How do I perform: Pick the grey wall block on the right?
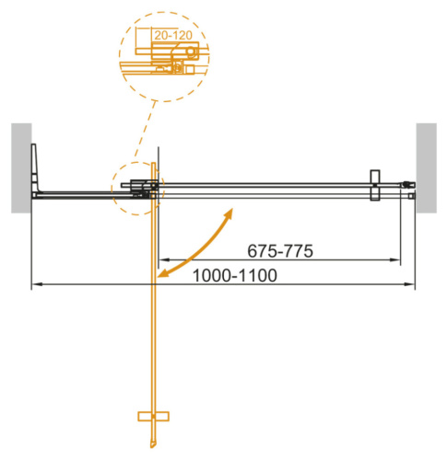[x=427, y=167]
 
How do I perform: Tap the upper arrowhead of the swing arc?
[x=228, y=213]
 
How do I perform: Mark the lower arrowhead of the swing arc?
[x=162, y=274]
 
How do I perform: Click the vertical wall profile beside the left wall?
[x=34, y=170]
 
